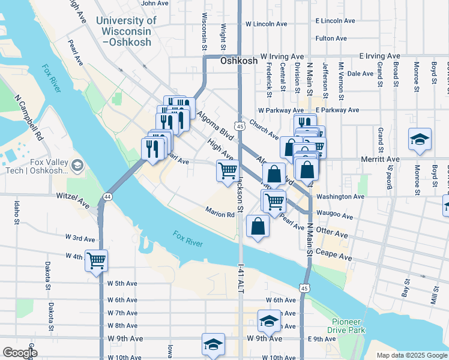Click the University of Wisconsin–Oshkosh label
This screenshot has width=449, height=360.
(x=126, y=31)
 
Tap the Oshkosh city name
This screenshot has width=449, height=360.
(x=239, y=61)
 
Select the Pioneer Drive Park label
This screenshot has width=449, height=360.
(x=347, y=325)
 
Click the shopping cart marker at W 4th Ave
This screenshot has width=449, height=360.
(x=96, y=261)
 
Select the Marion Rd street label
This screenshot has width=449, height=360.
(x=219, y=214)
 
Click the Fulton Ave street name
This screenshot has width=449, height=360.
(x=331, y=38)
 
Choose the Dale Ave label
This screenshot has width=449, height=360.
(x=360, y=74)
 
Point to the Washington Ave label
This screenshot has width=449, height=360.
(x=340, y=196)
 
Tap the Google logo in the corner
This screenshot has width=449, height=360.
(x=20, y=353)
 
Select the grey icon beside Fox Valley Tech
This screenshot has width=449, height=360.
(x=76, y=164)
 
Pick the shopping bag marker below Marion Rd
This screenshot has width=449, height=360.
(x=258, y=227)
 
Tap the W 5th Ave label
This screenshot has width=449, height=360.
(x=122, y=283)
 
